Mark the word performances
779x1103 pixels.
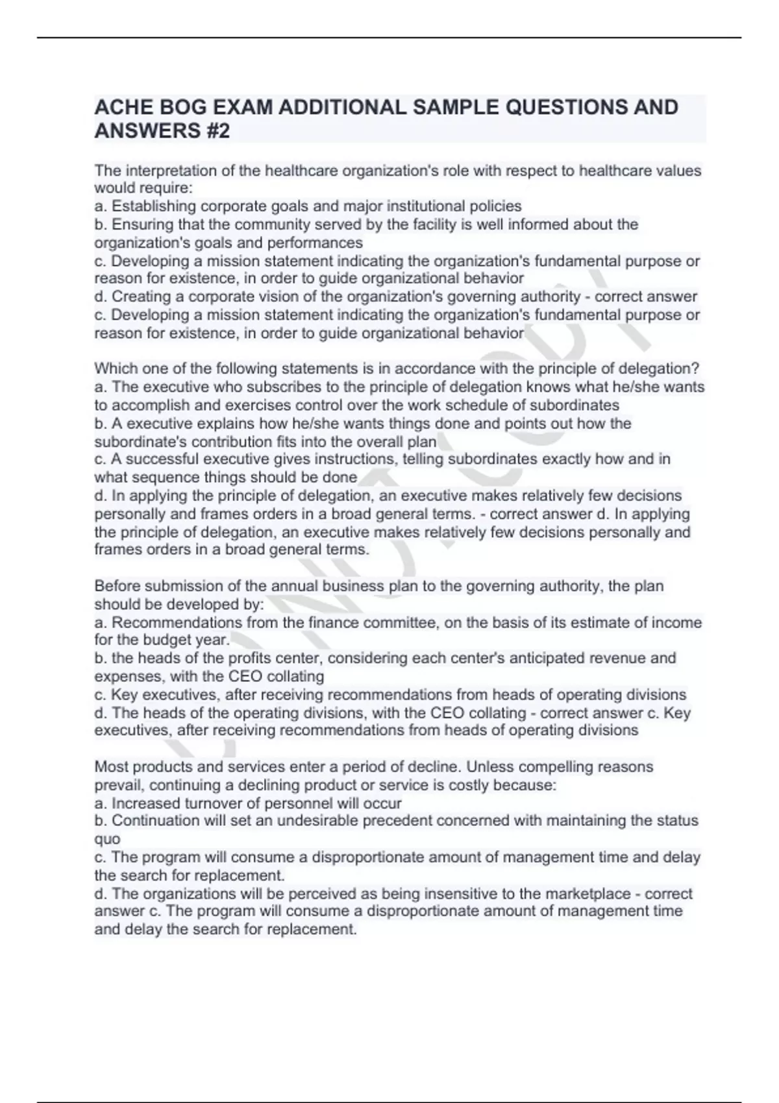tap(315, 243)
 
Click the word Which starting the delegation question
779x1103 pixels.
tap(116, 369)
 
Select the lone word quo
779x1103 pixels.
tap(107, 839)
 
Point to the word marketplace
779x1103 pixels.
tap(576, 893)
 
